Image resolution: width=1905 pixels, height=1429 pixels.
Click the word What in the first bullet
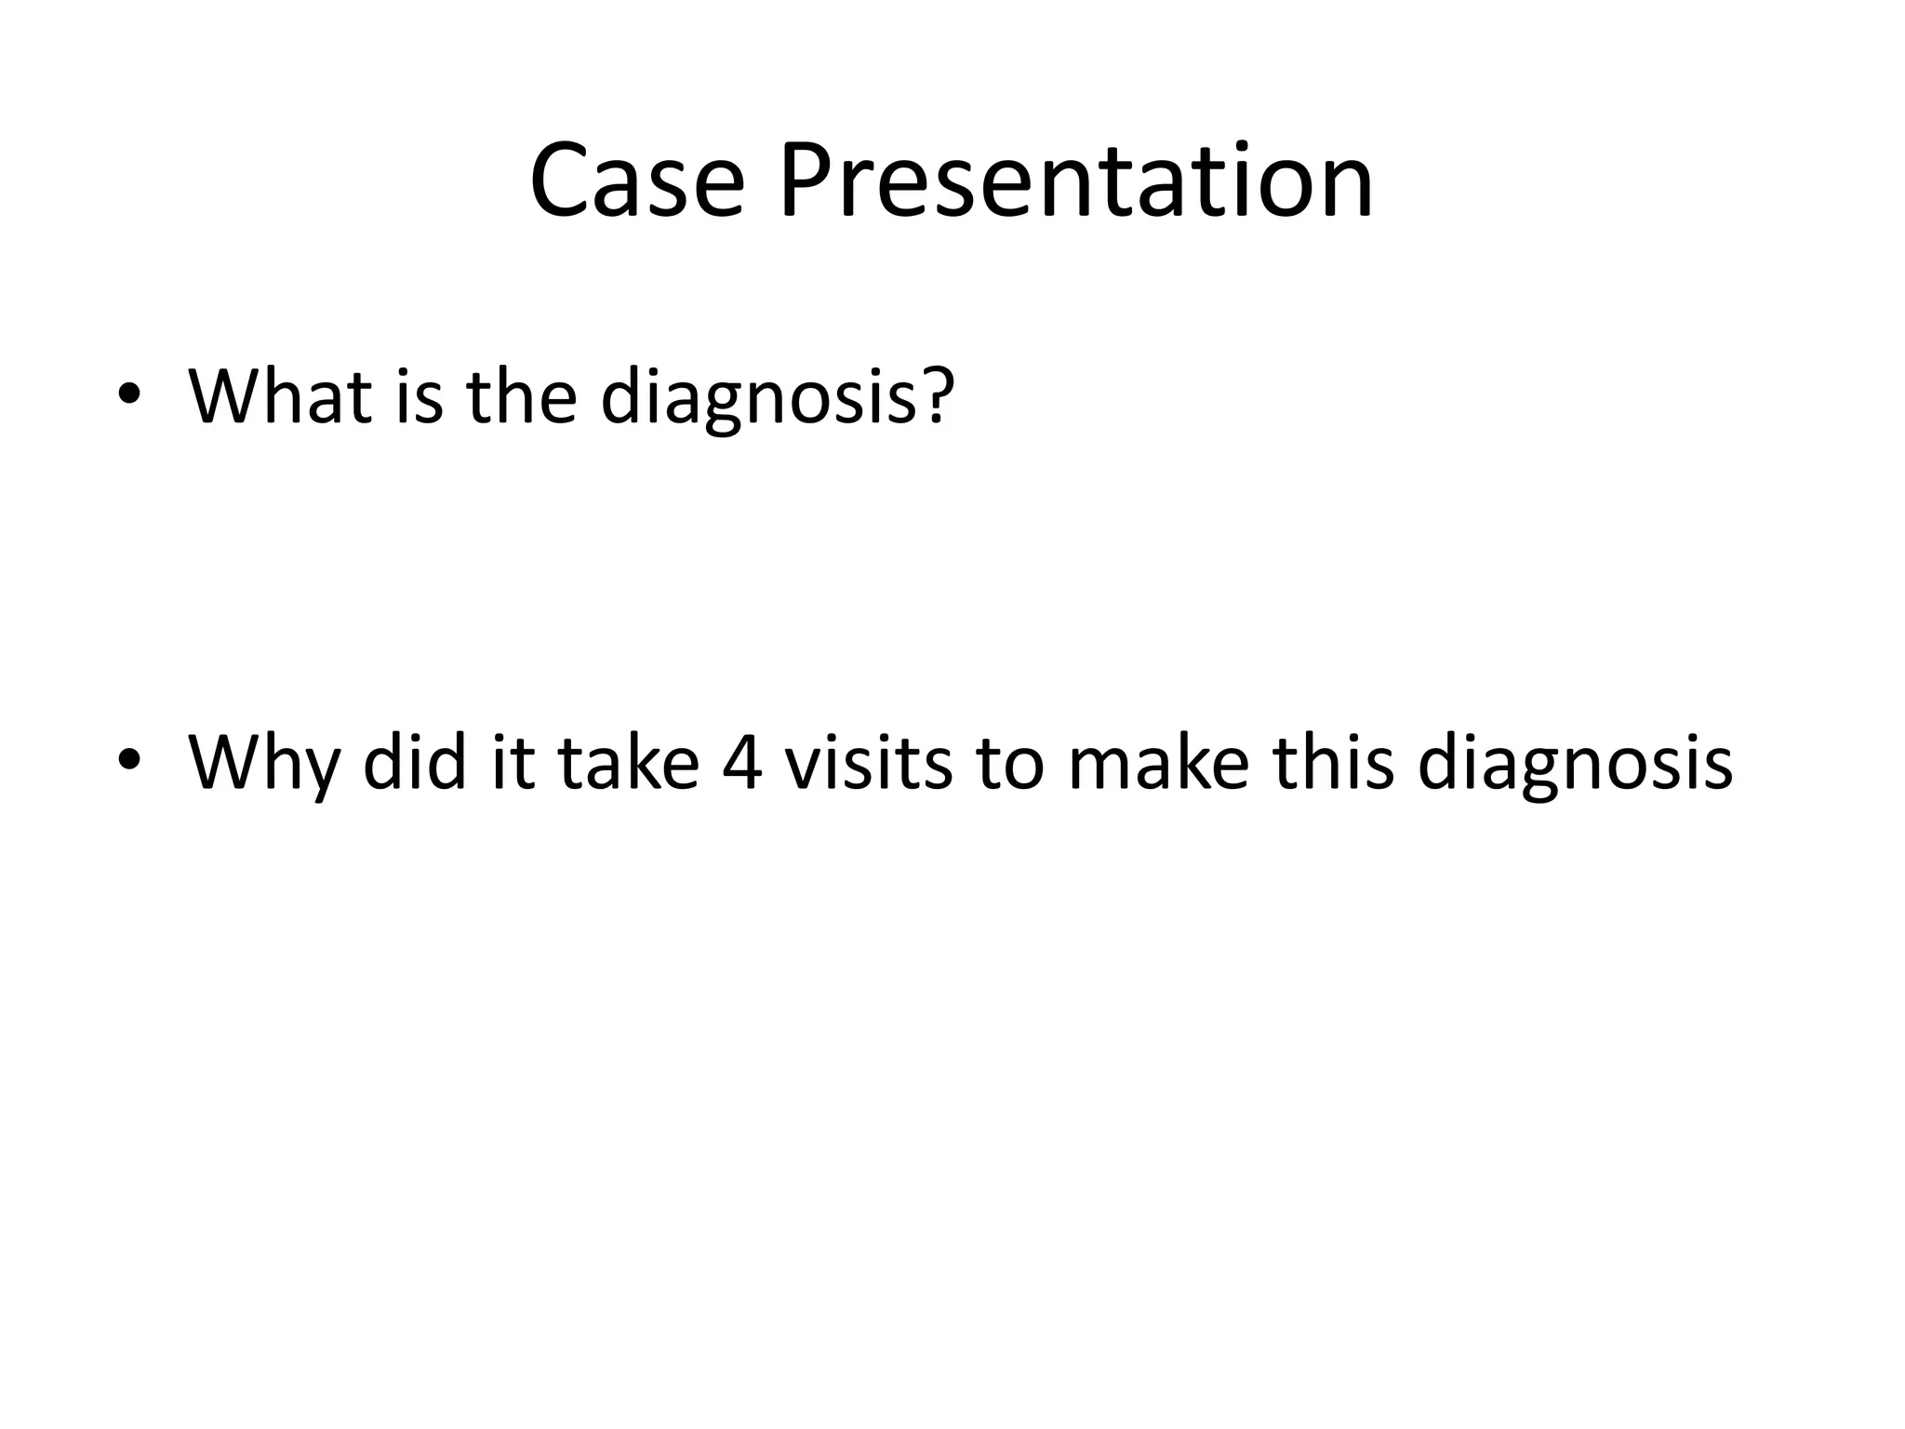[x=283, y=396]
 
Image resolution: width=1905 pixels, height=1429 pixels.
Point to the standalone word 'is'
[x=419, y=396]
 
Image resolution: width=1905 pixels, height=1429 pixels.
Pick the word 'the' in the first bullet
[x=521, y=396]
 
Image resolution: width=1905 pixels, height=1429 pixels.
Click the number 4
[x=742, y=763]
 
